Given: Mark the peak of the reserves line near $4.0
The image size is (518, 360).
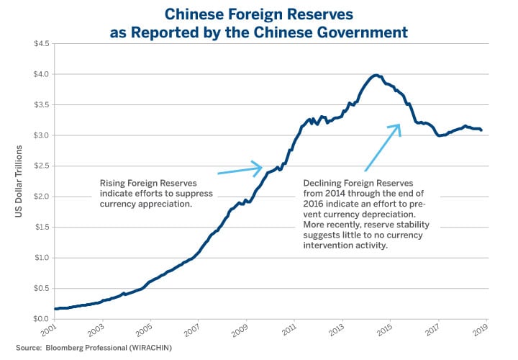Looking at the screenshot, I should point(375,75).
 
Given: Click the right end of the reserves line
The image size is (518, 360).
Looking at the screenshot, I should point(481,130).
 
